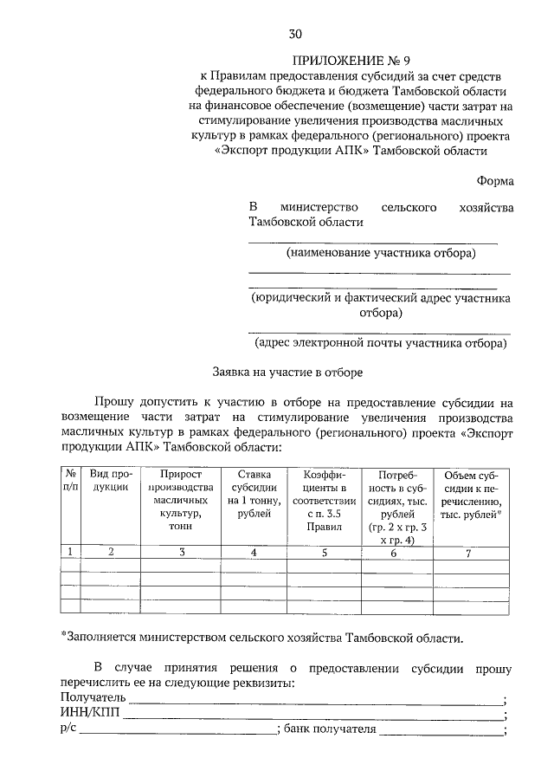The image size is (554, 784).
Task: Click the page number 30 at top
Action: (x=295, y=34)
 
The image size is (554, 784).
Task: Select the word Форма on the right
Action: (x=494, y=181)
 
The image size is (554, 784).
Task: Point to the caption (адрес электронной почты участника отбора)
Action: (x=380, y=343)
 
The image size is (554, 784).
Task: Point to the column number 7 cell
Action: (x=467, y=554)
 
